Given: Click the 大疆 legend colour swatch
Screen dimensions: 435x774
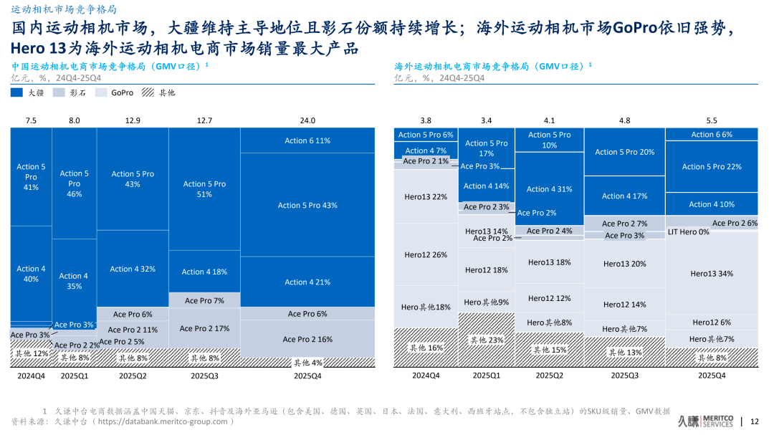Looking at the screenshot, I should point(16,92).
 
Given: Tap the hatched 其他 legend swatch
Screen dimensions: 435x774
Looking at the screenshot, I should point(148,92).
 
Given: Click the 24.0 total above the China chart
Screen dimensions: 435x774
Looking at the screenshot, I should point(307,120).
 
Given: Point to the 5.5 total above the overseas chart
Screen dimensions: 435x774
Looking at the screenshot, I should point(712,120).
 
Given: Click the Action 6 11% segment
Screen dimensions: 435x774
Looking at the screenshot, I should point(307,140).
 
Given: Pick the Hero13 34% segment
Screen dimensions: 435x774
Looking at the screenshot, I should point(712,274).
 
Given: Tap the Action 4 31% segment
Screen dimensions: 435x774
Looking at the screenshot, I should point(549,189).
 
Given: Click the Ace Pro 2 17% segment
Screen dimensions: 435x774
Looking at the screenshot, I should point(204,328).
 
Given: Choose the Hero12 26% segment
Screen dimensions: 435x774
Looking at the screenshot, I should point(426,255).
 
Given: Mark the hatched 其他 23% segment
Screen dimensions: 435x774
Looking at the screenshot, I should point(486,340).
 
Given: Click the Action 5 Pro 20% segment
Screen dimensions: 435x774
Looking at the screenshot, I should point(624,152).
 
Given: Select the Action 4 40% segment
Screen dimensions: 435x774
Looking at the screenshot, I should point(31,274).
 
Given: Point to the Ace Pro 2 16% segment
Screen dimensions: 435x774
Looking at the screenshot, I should point(307,339).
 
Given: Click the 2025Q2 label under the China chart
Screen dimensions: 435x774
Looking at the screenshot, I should point(133,376).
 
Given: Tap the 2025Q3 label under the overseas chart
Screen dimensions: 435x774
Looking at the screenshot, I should point(624,376).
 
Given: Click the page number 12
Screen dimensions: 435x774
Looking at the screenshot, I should point(754,421).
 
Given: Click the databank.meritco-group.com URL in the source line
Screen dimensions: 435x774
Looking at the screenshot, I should point(168,421).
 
